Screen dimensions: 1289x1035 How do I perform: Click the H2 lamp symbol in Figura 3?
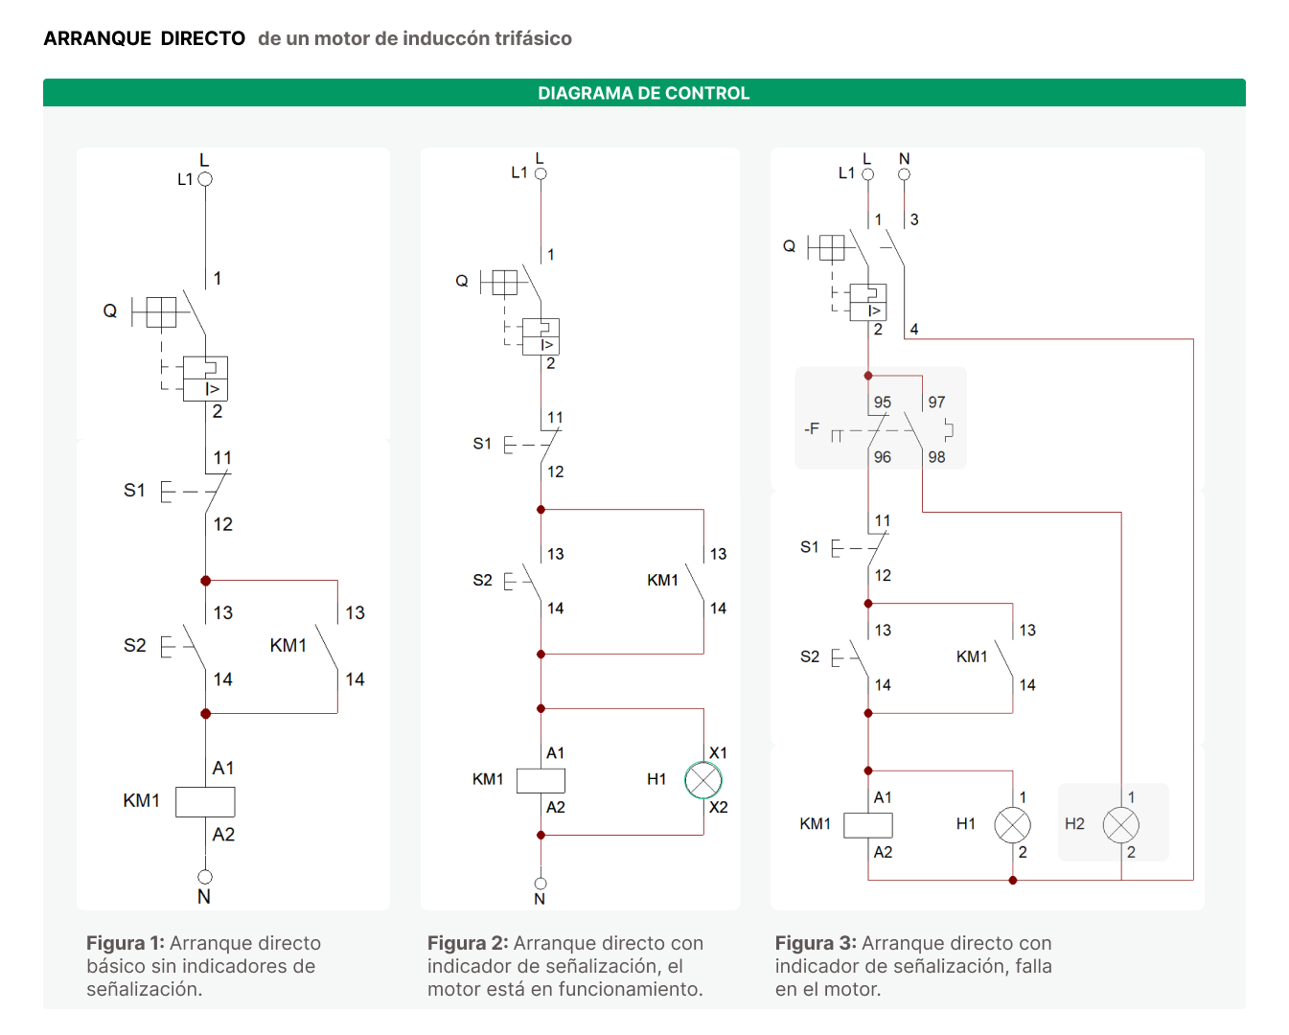1120,825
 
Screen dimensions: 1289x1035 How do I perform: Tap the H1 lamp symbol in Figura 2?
703,780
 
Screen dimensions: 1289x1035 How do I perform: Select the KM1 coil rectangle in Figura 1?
205,801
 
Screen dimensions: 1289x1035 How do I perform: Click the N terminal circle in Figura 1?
205,877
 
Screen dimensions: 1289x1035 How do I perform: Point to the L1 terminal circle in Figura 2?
541,173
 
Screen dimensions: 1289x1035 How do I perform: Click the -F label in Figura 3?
811,429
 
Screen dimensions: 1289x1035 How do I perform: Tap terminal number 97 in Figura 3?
936,402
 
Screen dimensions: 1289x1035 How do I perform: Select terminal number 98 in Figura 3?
936,457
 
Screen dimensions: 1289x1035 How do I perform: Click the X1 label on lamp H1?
718,752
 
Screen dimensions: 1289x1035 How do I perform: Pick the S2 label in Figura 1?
135,645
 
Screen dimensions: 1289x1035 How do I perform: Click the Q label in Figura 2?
461,281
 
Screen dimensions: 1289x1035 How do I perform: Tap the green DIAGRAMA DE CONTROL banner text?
643,93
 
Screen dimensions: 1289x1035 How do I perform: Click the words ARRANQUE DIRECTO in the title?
145,38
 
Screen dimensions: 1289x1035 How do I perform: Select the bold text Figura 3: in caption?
816,943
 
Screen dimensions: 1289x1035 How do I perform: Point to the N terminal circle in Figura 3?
904,174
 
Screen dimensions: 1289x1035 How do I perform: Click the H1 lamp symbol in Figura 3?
1012,825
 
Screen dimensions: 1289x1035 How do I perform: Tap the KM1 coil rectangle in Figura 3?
867,825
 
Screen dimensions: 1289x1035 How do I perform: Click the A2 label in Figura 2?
555,807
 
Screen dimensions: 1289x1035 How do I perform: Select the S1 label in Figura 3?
809,547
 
